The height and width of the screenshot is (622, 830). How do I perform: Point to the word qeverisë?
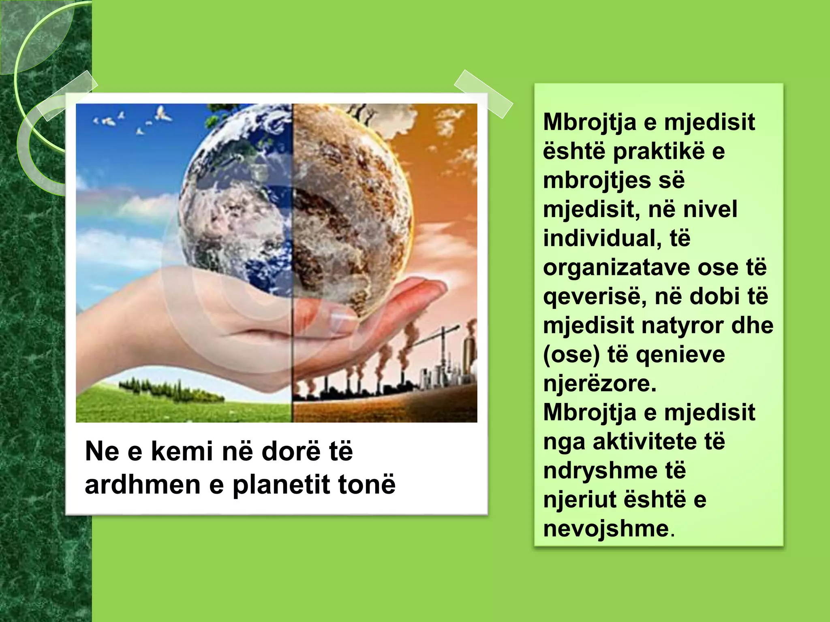589,297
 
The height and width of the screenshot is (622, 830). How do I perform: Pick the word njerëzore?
599,383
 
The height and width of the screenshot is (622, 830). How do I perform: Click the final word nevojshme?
606,529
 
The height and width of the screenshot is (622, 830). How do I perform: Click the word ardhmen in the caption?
142,484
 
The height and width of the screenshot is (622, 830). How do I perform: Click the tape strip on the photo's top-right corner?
483,94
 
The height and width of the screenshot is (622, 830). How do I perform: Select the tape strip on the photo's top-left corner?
66,96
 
